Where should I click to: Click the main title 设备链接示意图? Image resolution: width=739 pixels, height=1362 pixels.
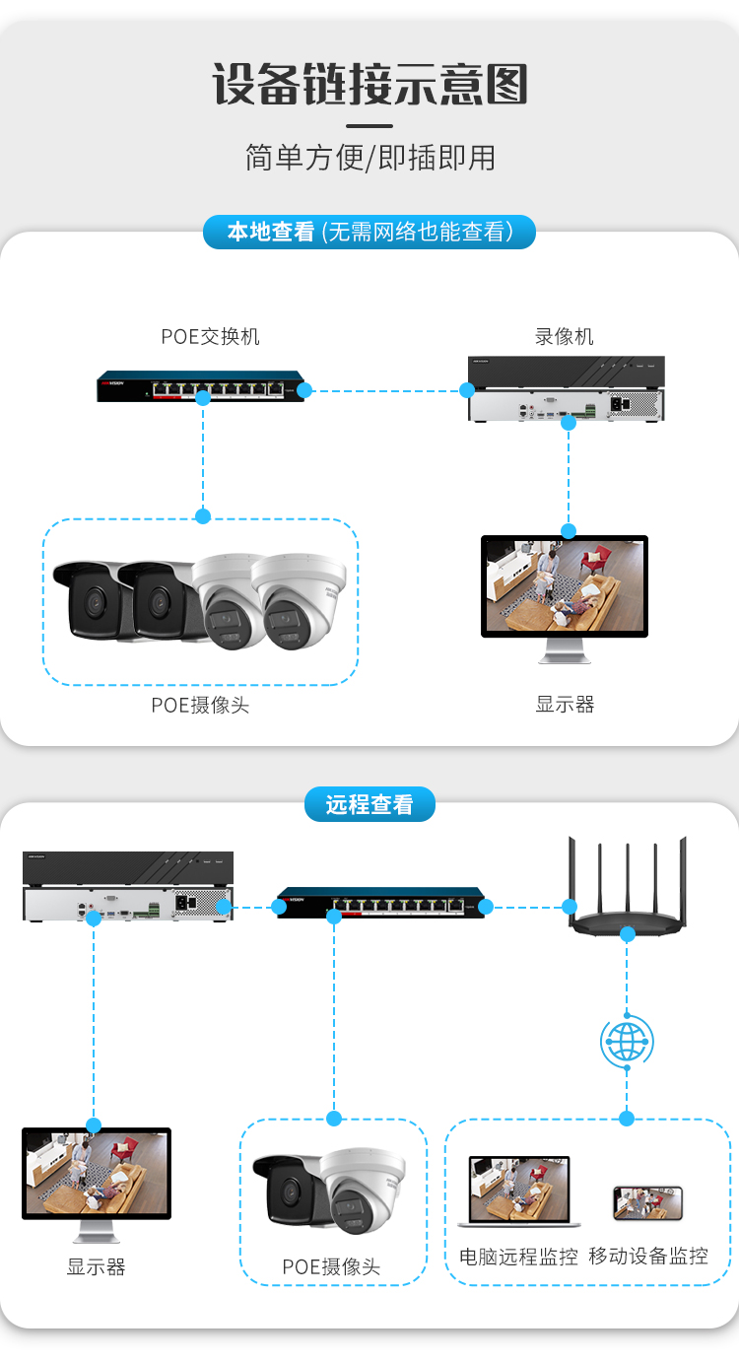[369, 84]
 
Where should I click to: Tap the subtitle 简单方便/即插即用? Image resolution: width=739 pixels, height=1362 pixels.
[369, 158]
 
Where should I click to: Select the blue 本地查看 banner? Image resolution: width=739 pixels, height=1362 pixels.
[369, 232]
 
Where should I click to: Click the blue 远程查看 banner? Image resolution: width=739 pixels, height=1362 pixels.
[369, 804]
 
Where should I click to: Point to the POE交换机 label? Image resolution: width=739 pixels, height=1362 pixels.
[210, 336]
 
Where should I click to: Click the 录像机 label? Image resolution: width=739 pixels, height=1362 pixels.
[564, 336]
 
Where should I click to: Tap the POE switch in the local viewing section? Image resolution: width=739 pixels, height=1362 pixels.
[201, 386]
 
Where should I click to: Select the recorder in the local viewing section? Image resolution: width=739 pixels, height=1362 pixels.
[566, 388]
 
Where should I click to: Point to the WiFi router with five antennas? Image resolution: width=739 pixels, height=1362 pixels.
[628, 886]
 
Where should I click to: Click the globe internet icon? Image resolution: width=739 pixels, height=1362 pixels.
[628, 1042]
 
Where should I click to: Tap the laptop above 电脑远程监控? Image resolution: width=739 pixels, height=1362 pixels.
[519, 1191]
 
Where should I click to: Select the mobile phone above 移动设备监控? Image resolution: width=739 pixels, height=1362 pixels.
[647, 1202]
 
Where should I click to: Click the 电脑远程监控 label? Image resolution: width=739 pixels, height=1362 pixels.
[518, 1257]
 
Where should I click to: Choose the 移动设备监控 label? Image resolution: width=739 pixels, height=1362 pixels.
[648, 1257]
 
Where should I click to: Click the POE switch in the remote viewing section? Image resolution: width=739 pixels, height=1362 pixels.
[381, 903]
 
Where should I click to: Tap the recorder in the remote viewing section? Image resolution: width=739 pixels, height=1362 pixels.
[128, 887]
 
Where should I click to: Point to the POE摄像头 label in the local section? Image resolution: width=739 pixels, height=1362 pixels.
[201, 705]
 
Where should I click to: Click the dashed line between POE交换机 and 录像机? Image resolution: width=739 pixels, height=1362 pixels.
[386, 391]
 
